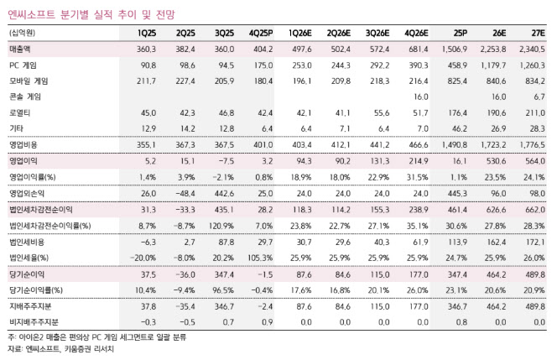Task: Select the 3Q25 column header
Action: pos(224,33)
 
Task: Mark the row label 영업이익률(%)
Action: pos(37,177)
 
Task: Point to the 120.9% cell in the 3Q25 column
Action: pos(222,225)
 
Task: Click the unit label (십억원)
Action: pos(23,33)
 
